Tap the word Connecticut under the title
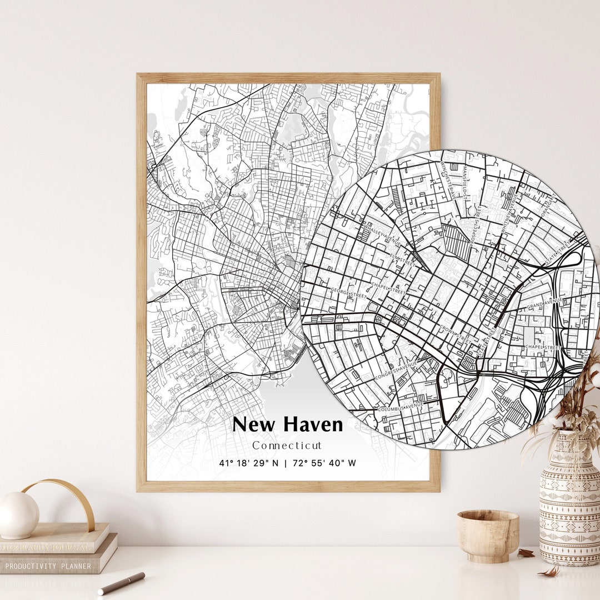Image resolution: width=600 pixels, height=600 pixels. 287,446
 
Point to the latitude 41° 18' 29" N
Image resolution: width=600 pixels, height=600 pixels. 249,463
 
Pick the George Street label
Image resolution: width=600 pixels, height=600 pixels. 348,293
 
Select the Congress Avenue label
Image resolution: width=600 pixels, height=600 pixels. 395,372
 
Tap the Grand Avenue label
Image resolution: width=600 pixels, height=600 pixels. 544,303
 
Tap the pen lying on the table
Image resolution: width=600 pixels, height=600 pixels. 121,583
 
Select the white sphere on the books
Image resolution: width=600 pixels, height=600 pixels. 18,515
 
